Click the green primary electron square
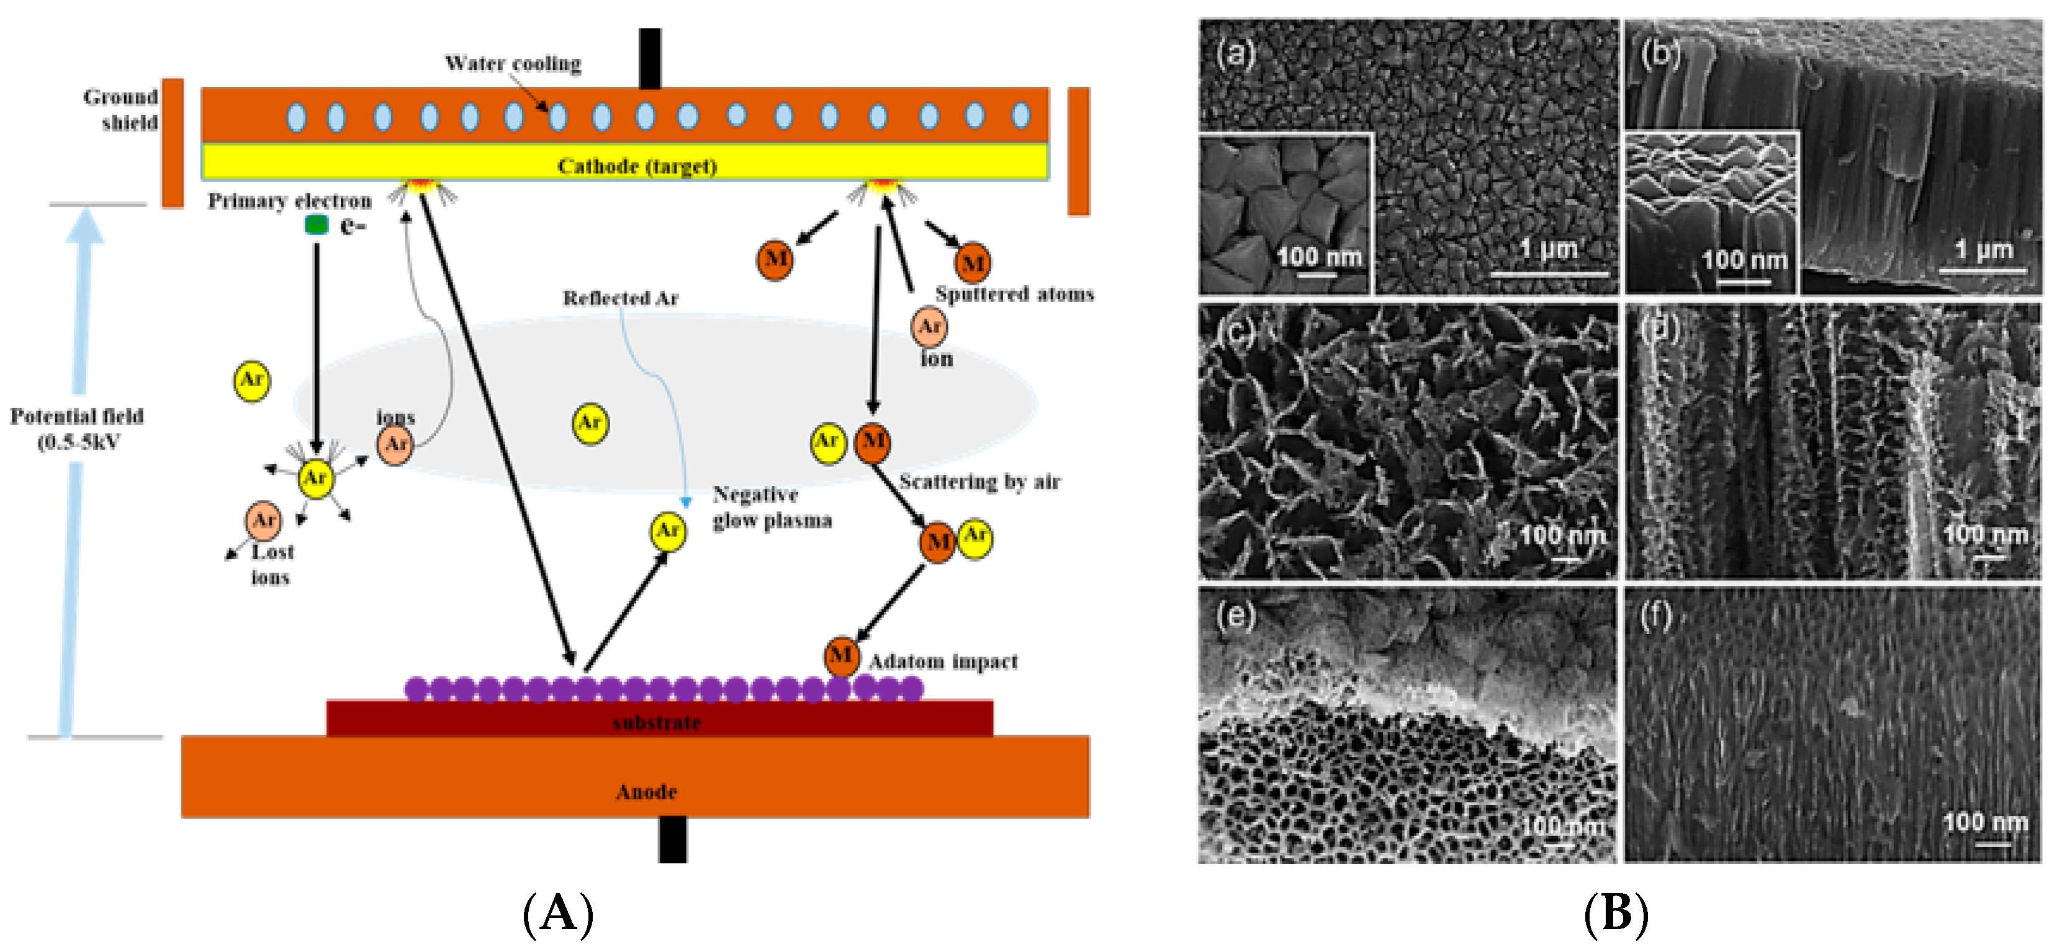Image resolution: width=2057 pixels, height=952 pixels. (316, 225)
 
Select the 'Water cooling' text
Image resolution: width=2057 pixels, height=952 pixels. (513, 63)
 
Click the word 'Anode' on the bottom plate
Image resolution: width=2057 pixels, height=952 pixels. (646, 791)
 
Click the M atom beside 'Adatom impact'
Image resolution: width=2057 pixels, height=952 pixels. (841, 656)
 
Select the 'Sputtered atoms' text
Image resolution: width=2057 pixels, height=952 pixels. (1014, 293)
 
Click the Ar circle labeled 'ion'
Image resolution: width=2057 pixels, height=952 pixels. (929, 326)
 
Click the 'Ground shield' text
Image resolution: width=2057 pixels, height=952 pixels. (122, 109)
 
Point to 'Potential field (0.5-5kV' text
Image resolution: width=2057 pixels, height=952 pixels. (77, 429)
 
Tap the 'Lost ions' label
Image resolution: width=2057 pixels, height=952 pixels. (271, 564)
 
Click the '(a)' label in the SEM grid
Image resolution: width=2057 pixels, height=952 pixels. (1235, 53)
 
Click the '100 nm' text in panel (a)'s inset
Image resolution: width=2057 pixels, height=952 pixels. (1318, 256)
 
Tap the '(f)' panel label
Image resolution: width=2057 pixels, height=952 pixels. (1655, 617)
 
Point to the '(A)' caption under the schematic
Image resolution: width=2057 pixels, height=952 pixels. (557, 912)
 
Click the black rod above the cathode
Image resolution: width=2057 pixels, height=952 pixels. (649, 58)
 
